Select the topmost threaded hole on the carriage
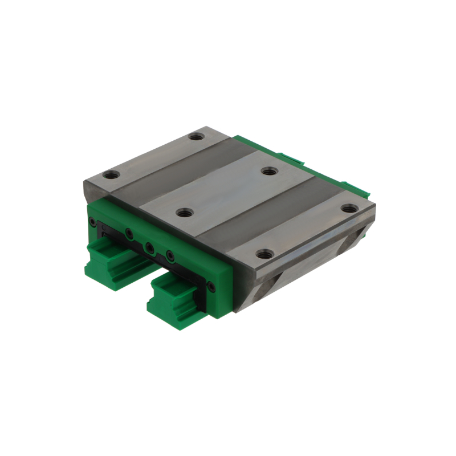tap(197, 137)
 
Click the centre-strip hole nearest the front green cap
tap(183, 213)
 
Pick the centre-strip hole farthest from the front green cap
tap(268, 170)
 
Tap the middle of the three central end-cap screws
tap(149, 247)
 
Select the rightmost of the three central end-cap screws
tap(169, 255)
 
